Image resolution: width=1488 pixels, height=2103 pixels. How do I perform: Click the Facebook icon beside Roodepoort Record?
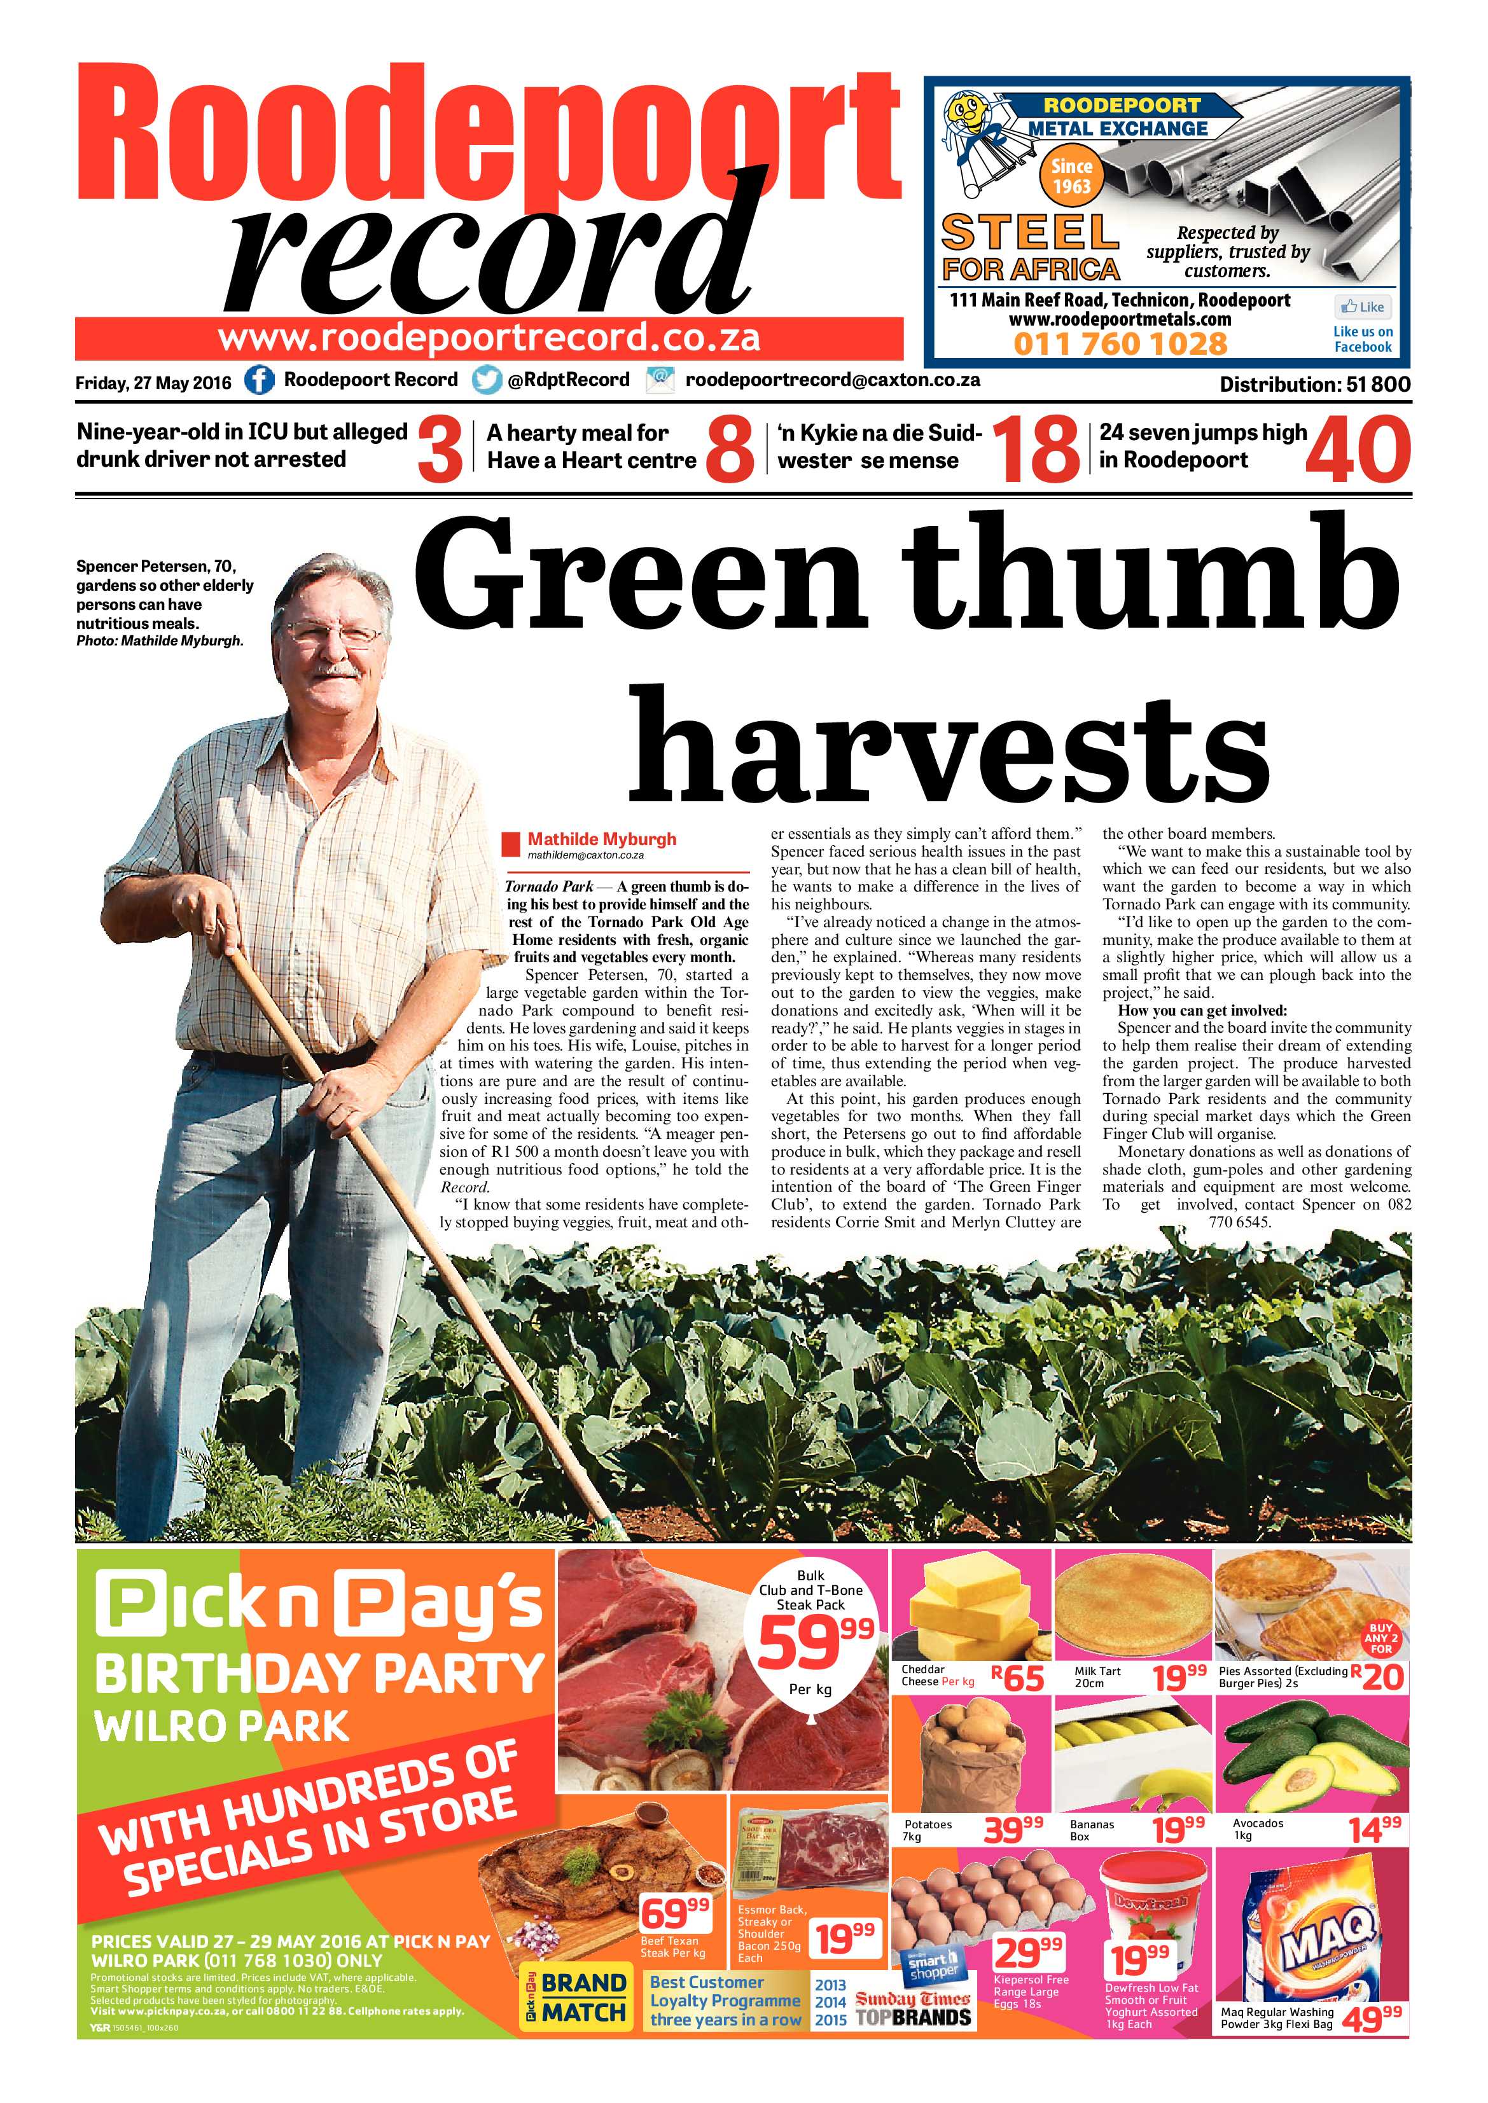pos(260,380)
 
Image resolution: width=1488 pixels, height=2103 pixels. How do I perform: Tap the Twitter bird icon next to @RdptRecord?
pos(487,380)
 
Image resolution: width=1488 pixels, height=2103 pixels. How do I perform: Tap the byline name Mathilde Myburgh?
pos(601,839)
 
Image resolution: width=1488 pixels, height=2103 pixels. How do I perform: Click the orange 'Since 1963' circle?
pos(1071,177)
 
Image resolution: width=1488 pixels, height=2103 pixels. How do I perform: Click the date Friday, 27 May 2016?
pos(153,383)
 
